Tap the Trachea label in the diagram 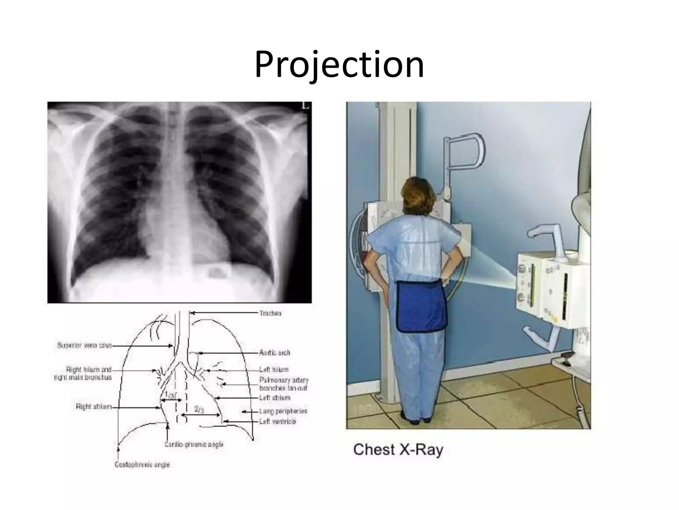tap(270, 313)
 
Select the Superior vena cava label tap(85, 346)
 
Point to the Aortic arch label tap(275, 353)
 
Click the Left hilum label tap(274, 370)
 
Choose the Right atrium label tap(94, 407)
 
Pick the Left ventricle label tap(278, 422)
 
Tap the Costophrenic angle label tap(142, 465)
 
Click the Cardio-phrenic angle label tap(194, 444)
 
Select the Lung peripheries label tap(283, 411)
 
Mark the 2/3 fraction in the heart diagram tap(199, 410)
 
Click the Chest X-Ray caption tap(398, 450)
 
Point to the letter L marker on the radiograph tap(305, 106)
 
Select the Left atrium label tap(275, 398)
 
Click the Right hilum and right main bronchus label tap(83, 374)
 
